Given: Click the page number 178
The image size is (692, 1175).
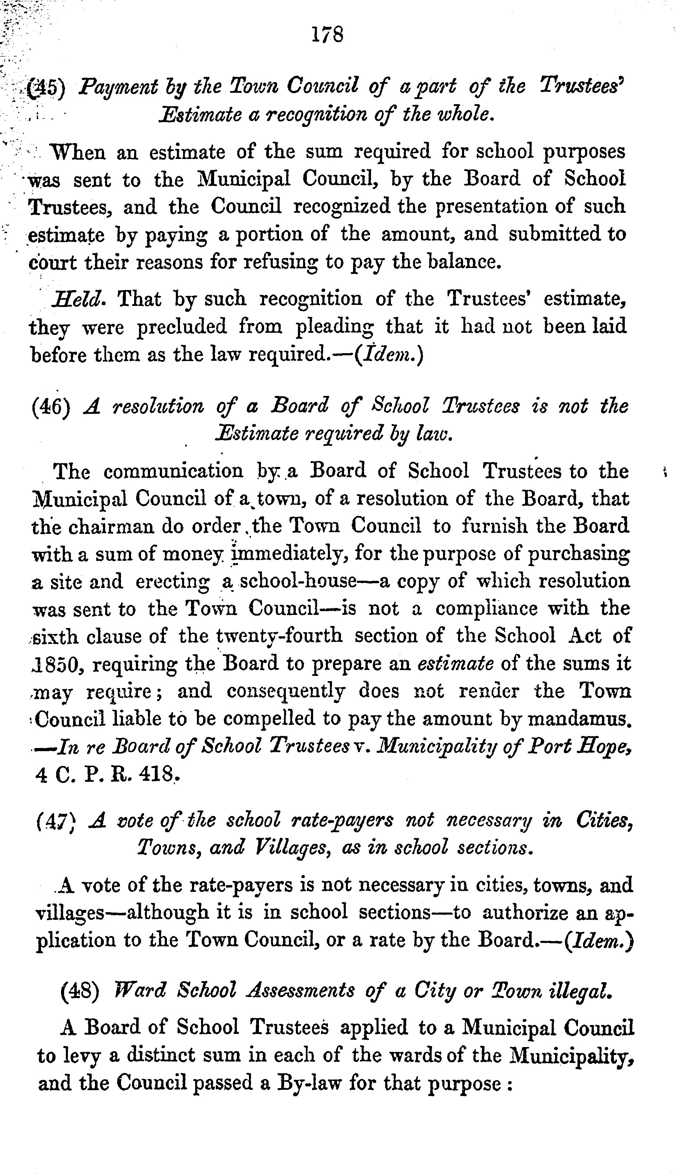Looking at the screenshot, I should coord(328,35).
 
